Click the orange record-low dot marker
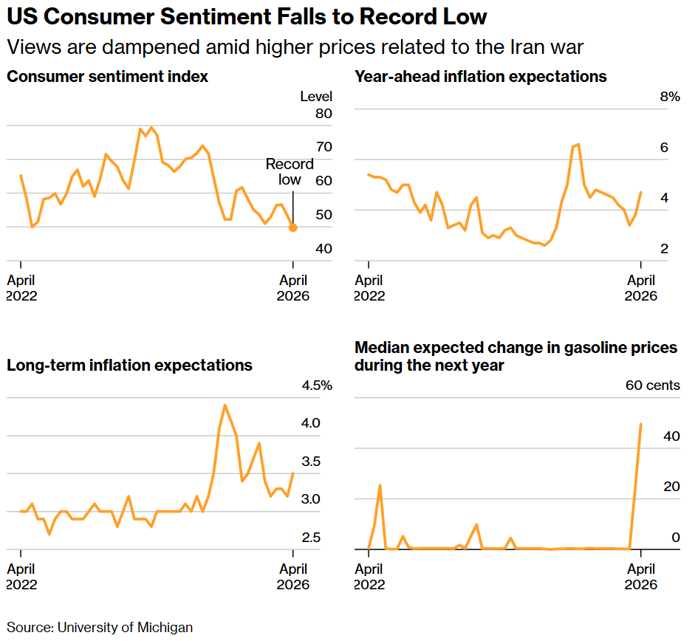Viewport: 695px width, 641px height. coord(293,227)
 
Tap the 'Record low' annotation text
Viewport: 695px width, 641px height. coord(290,171)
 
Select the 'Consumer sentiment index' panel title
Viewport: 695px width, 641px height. coord(107,77)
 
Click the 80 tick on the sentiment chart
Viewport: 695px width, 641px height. coord(323,113)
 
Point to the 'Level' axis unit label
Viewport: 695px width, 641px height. coord(316,97)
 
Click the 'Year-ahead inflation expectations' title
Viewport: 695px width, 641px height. coord(481,77)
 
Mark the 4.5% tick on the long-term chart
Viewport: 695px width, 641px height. coord(316,385)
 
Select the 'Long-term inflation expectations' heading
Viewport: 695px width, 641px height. coord(129,366)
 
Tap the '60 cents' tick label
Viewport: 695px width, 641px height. coord(653,385)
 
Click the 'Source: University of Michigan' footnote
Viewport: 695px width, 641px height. coord(100,628)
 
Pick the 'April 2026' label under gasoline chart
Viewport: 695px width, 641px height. coord(641,577)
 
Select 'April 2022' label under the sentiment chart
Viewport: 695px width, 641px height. coord(21,288)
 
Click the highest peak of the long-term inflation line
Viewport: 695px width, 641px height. coord(225,405)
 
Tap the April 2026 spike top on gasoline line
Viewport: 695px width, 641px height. coord(640,424)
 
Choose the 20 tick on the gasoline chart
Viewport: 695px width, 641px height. coord(671,487)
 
